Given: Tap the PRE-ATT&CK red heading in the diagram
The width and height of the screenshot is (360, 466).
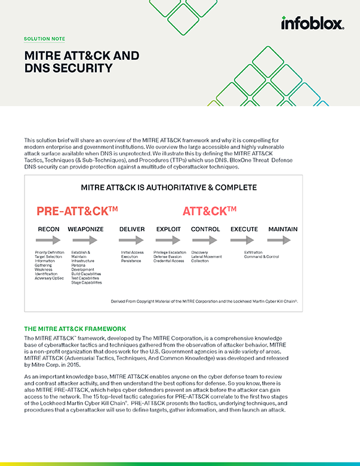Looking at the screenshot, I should (x=77, y=211).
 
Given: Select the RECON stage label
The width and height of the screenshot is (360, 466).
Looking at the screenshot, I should (x=48, y=229).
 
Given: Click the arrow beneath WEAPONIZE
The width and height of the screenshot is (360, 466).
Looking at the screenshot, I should (x=85, y=241).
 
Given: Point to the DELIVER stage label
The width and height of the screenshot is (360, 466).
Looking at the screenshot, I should (x=132, y=229).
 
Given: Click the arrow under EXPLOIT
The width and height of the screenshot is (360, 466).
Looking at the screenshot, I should (x=168, y=241).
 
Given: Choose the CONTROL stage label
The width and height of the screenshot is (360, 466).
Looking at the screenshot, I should (x=205, y=229).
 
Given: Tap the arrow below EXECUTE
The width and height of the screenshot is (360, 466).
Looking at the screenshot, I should (x=244, y=241).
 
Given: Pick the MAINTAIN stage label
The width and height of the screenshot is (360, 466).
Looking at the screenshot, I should (x=283, y=229).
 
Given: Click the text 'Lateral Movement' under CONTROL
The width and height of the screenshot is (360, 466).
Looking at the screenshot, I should (x=207, y=257).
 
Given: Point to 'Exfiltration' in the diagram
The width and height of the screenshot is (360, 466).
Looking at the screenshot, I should (x=253, y=253).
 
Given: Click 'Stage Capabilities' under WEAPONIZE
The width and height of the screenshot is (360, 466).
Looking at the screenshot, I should (x=86, y=283).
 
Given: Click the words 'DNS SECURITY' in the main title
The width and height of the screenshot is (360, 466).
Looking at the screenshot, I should (x=68, y=68).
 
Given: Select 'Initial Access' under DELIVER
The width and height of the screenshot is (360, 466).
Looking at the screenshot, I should (x=132, y=253).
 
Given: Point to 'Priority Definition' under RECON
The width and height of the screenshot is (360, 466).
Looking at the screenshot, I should (x=50, y=253).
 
